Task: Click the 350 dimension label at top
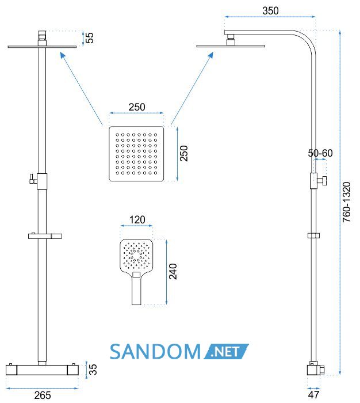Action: click(270, 11)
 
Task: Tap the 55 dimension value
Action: click(89, 38)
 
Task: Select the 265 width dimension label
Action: click(43, 395)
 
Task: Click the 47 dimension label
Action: click(313, 394)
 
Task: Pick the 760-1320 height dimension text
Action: click(346, 202)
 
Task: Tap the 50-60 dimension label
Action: click(320, 153)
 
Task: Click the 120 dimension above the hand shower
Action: click(137, 220)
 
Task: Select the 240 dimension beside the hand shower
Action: click(173, 271)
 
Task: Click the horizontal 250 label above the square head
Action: click(137, 107)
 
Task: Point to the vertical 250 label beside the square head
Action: click(183, 154)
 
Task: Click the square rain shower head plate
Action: click(136, 154)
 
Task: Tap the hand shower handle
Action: click(136, 289)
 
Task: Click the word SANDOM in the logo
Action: click(155, 352)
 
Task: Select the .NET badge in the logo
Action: click(226, 351)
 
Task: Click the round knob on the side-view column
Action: click(324, 181)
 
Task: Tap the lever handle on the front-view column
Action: click(33, 179)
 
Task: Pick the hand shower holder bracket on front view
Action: click(45, 235)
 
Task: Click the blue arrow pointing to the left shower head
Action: click(81, 89)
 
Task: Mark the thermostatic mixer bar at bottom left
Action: click(42, 370)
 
